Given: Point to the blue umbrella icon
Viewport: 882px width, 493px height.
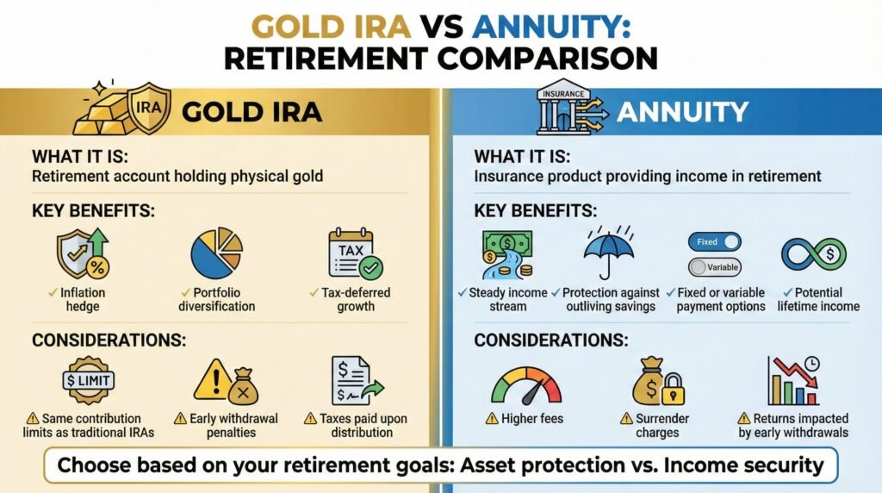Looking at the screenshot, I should point(609,253).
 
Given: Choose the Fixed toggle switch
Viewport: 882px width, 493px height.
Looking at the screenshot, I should point(714,242).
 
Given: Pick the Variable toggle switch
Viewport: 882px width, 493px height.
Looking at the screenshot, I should point(714,267).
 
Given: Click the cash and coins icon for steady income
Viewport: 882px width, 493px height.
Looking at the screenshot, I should point(506,253).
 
